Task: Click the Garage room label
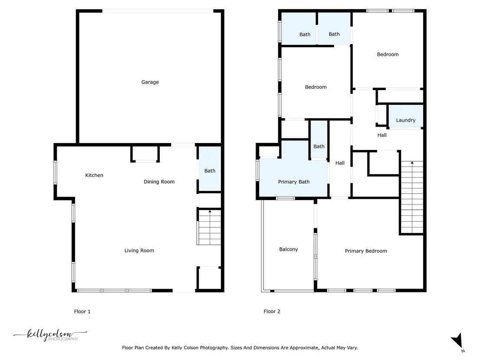coord(150,82)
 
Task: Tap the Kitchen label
coord(94,175)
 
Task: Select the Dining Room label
coord(159,182)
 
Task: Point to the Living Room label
coord(139,250)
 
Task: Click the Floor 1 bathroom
coord(210,169)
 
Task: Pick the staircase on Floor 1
coord(209,227)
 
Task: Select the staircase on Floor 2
coord(412,198)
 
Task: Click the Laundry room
coord(405,116)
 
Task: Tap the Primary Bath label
coord(294,182)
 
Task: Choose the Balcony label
coord(289,249)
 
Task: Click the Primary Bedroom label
coord(366,251)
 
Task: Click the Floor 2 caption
coord(272,311)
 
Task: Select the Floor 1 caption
coord(82,311)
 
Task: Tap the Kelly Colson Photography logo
coord(50,335)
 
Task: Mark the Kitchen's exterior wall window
coord(55,173)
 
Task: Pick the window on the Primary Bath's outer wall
coord(258,169)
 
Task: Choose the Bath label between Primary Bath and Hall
coord(319,146)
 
